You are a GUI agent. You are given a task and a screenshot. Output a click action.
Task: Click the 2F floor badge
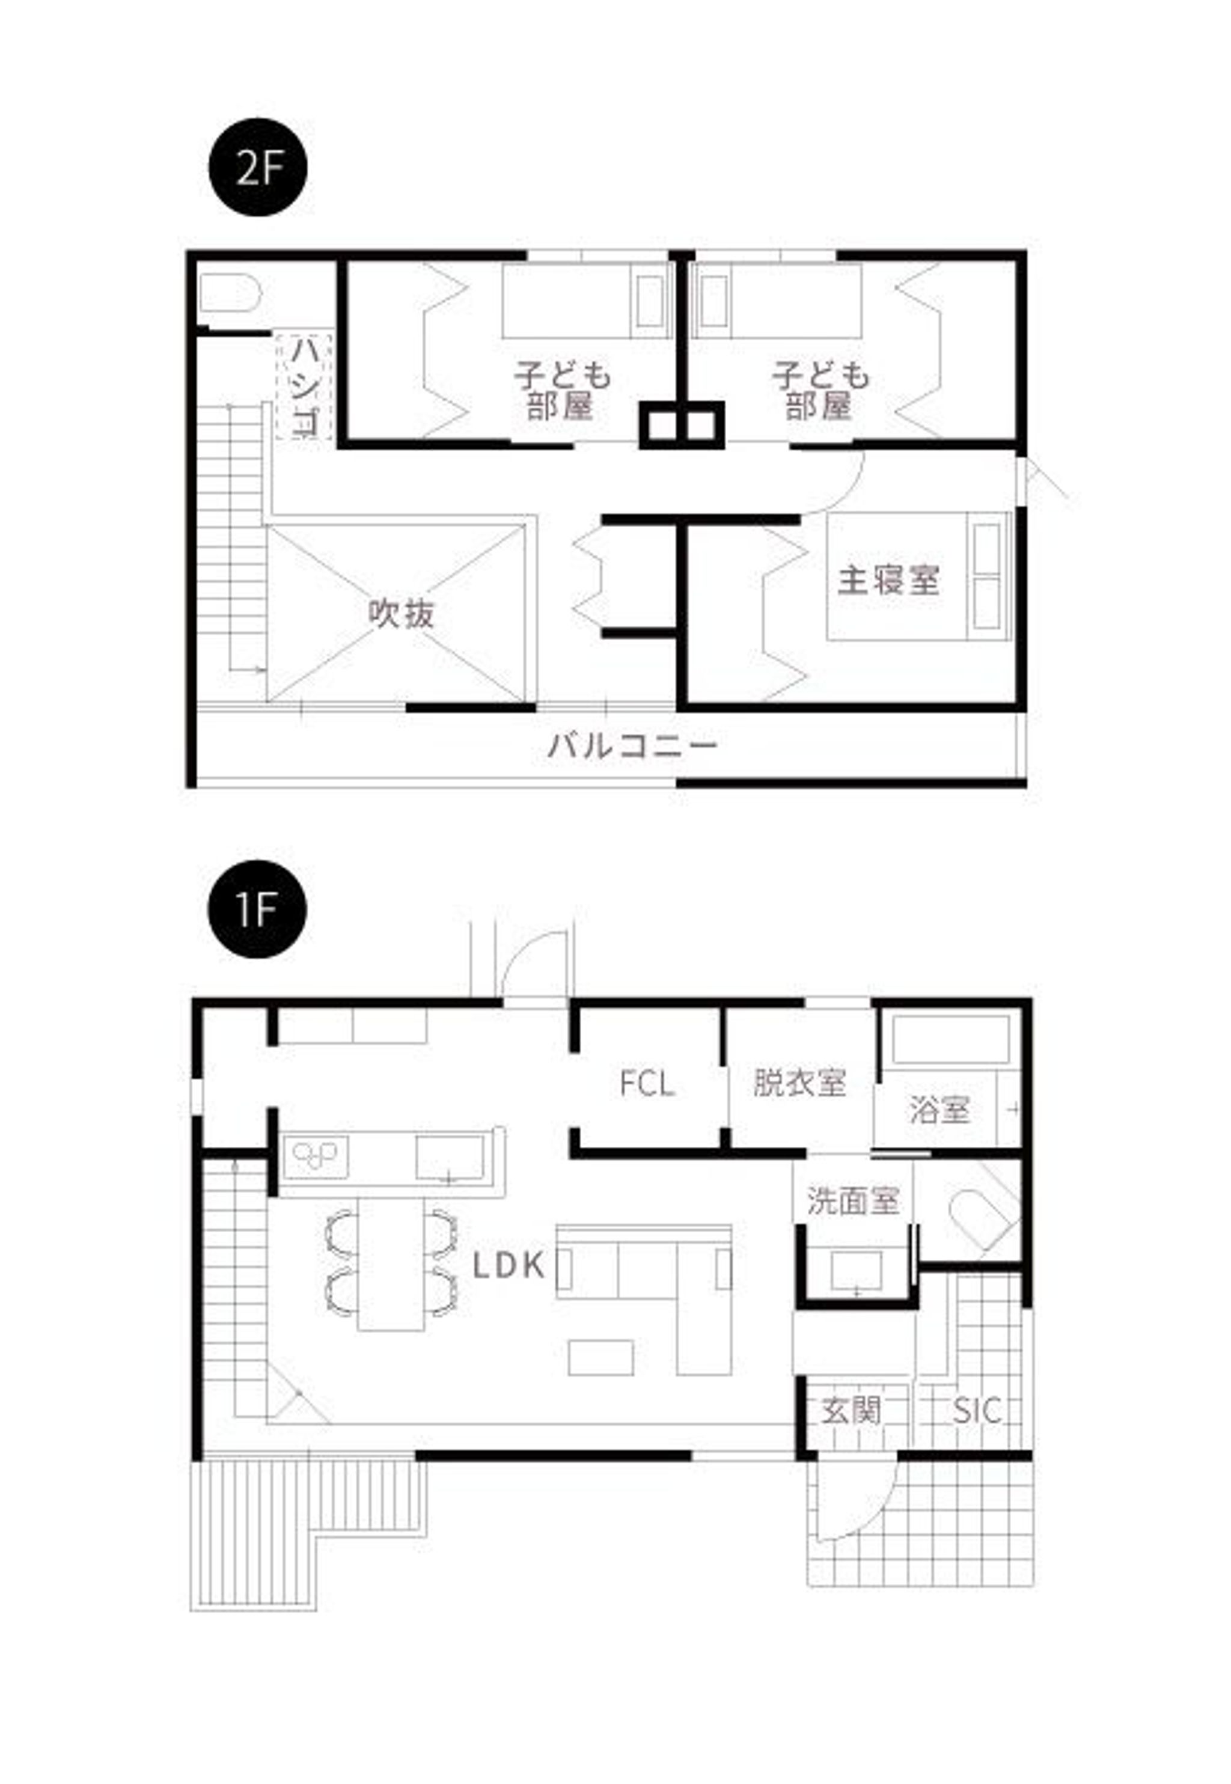[258, 167]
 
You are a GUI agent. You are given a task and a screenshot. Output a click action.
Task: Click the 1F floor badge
[258, 909]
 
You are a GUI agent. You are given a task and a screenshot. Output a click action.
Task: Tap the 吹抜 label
[401, 613]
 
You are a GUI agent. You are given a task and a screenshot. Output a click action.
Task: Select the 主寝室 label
[888, 580]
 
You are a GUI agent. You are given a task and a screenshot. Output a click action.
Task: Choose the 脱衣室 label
[800, 1083]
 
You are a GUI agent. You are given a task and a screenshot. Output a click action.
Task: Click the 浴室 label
[939, 1110]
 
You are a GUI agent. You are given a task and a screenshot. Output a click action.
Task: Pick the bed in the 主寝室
[918, 576]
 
